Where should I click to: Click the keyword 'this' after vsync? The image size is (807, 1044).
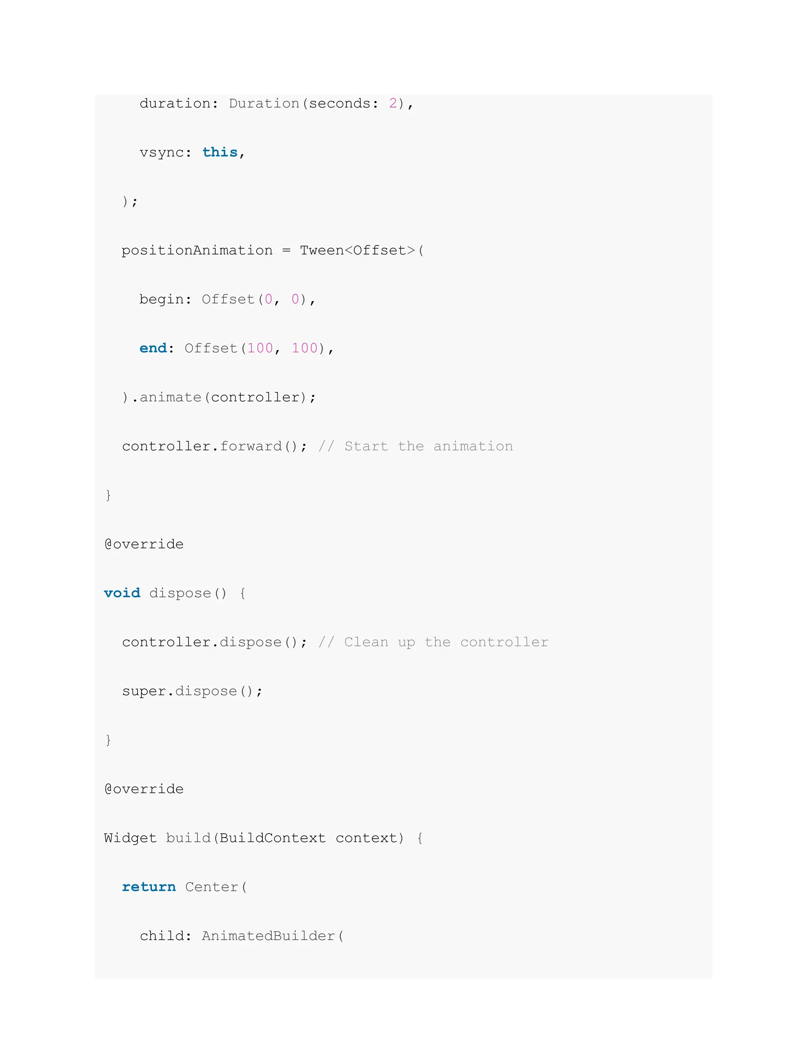pos(220,152)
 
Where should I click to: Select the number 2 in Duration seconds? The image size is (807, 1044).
pos(393,103)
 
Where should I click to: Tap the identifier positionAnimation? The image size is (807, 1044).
pos(197,251)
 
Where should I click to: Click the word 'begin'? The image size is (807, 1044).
pos(162,300)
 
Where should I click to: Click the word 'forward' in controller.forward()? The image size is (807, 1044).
pos(251,446)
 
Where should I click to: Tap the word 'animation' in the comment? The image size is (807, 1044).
pos(473,446)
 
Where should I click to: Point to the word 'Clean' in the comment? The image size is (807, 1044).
pos(366,642)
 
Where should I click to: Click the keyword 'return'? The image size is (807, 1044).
pos(149,887)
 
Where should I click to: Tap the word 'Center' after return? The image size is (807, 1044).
pos(211,887)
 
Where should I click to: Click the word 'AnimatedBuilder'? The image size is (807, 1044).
pos(268,936)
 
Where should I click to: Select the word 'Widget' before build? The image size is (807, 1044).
pos(130,838)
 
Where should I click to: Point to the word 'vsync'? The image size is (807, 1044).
pos(162,152)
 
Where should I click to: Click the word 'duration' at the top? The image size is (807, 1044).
pos(175,103)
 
